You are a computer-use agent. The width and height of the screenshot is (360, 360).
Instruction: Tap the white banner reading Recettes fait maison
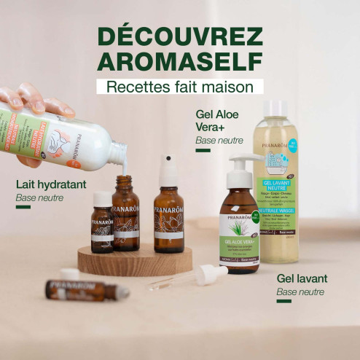pyautogui.click(x=179, y=86)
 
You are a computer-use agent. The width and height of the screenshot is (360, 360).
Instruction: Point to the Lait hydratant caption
pyautogui.click(x=50, y=185)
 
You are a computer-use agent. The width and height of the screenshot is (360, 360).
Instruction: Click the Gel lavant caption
pyautogui.click(x=301, y=278)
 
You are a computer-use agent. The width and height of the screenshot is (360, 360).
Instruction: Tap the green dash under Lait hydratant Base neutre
pyautogui.click(x=23, y=207)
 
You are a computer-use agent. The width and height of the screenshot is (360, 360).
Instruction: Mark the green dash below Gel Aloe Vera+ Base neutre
pyautogui.click(x=203, y=150)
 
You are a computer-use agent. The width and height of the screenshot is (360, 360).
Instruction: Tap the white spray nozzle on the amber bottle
pyautogui.click(x=168, y=169)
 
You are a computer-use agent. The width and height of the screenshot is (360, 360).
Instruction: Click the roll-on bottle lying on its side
pyautogui.click(x=85, y=290)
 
